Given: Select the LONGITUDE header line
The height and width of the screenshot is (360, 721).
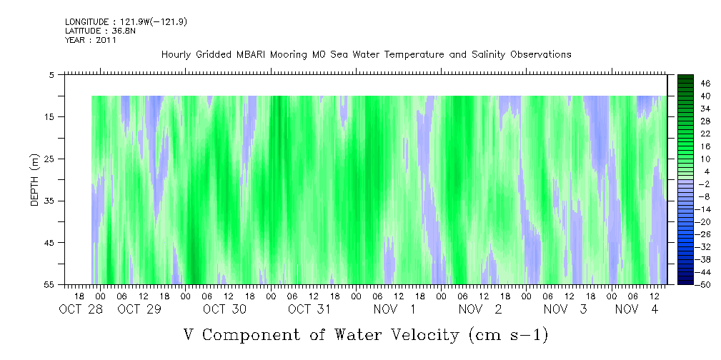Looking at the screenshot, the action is click(x=126, y=21).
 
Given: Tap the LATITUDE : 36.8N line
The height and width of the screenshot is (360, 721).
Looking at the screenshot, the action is click(x=100, y=31).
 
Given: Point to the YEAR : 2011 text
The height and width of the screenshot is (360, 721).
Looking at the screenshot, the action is click(x=91, y=40).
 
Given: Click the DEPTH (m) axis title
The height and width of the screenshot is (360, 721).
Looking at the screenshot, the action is click(x=35, y=180).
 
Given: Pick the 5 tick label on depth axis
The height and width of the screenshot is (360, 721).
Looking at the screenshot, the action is click(x=51, y=74).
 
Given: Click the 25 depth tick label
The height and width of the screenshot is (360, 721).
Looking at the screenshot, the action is click(x=49, y=159).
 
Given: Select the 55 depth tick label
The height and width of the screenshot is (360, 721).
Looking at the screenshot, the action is click(x=49, y=284).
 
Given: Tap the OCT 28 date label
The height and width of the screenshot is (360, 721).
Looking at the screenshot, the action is click(x=81, y=309).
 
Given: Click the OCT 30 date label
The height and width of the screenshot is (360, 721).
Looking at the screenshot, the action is click(x=225, y=309).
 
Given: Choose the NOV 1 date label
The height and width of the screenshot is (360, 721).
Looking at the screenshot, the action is click(x=394, y=309).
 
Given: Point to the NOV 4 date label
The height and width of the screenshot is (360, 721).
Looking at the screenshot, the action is click(x=637, y=309).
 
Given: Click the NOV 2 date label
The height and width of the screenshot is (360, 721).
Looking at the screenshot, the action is click(x=480, y=309).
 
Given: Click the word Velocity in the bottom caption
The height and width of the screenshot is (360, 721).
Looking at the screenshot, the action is click(x=420, y=335).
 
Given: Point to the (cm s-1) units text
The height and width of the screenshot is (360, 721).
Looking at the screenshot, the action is click(x=508, y=335).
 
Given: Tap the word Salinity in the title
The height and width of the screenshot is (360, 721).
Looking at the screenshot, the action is click(x=489, y=55).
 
